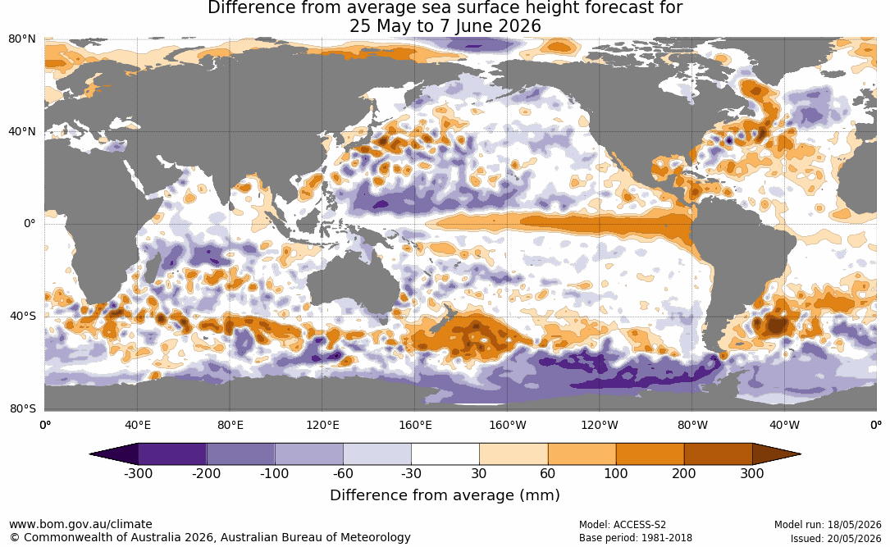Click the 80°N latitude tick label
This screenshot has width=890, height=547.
pyautogui.click(x=21, y=39)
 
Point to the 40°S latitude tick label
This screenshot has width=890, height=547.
pyautogui.click(x=23, y=316)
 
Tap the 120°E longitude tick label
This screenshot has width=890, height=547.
pyautogui.click(x=322, y=425)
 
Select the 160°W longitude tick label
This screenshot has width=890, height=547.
pyautogui.click(x=507, y=425)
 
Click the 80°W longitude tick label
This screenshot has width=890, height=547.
pyautogui.click(x=692, y=425)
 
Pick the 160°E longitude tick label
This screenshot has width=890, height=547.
pyautogui.click(x=415, y=425)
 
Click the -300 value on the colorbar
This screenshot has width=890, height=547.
pyautogui.click(x=138, y=473)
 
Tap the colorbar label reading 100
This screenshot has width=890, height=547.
pyautogui.click(x=616, y=473)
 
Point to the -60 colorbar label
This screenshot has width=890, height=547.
pyautogui.click(x=343, y=473)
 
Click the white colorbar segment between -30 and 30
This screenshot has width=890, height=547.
pyautogui.click(x=445, y=454)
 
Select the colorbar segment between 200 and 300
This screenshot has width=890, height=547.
pyautogui.click(x=718, y=454)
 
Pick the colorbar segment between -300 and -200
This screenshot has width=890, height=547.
pyautogui.click(x=172, y=454)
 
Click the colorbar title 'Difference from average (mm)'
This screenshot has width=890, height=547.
pyautogui.click(x=445, y=495)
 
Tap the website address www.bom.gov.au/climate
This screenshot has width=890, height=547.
pyautogui.click(x=80, y=524)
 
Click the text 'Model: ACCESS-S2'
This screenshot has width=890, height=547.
pyautogui.click(x=623, y=524)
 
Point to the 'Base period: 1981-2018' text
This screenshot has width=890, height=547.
pyautogui.click(x=636, y=537)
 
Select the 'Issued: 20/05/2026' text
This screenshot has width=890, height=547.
pyautogui.click(x=836, y=537)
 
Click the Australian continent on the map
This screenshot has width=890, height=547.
pyautogui.click(x=352, y=284)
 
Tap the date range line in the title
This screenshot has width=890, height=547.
pyautogui.click(x=445, y=26)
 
